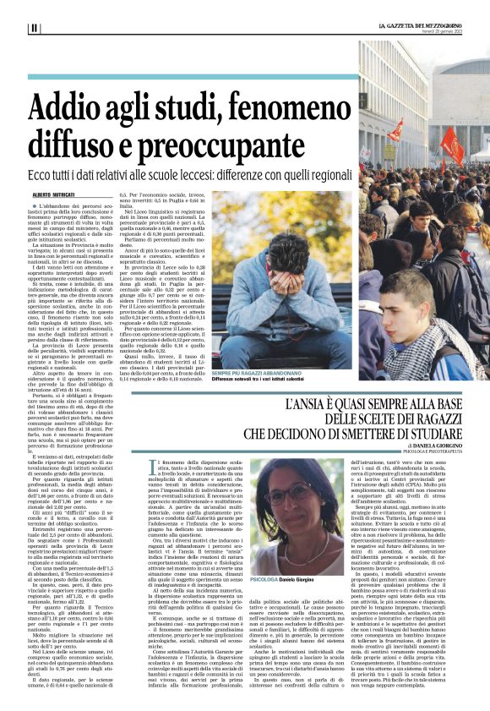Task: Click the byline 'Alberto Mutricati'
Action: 52,194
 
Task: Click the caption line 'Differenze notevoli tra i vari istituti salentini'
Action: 258,380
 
